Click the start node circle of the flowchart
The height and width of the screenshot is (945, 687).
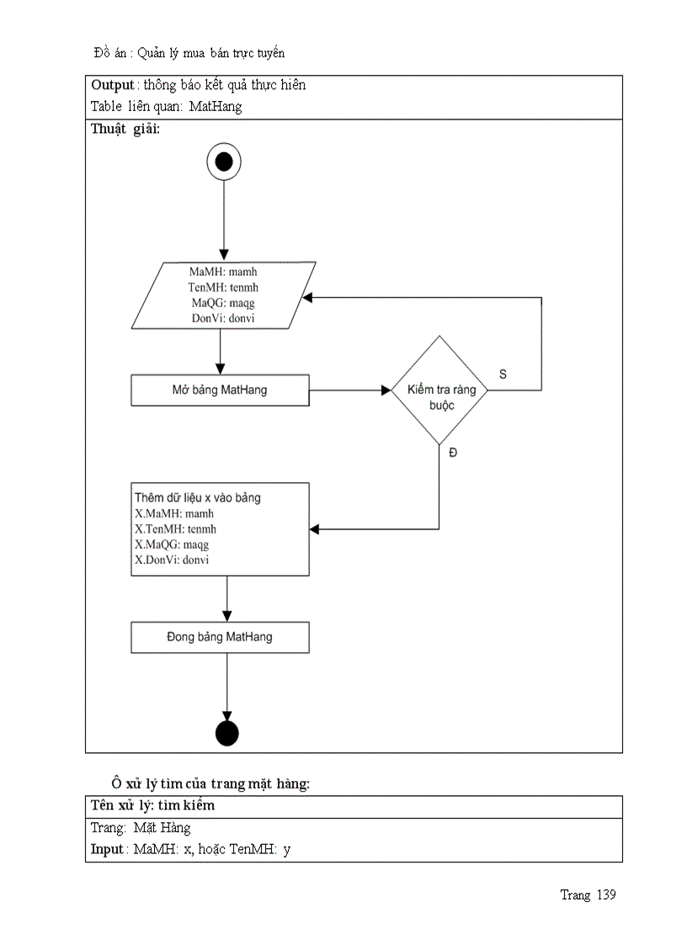(224, 162)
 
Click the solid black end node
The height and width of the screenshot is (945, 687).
(227, 733)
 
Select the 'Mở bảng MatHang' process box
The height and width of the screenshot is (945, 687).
(220, 390)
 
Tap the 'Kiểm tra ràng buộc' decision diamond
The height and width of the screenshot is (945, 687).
(439, 390)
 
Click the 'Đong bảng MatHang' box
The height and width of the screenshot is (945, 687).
(220, 637)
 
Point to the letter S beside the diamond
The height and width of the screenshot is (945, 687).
(503, 374)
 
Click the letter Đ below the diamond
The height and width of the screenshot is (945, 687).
(453, 453)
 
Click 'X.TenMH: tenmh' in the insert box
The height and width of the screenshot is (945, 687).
(176, 529)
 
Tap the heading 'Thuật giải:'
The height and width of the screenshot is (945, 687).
(125, 130)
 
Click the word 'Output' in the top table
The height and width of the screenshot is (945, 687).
(113, 85)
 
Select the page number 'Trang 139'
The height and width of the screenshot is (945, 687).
(588, 895)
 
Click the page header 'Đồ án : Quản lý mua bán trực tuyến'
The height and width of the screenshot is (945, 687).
(189, 53)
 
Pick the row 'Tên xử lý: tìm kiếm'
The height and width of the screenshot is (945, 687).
(152, 805)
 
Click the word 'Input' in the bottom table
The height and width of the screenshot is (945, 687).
(107, 849)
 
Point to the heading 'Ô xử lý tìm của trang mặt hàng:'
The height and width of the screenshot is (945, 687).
(211, 783)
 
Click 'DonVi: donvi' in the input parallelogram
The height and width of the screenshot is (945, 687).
(223, 318)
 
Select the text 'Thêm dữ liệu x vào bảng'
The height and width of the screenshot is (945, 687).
(198, 497)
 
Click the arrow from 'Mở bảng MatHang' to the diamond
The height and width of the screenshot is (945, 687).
(349, 390)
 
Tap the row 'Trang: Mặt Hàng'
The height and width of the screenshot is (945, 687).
(141, 827)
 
